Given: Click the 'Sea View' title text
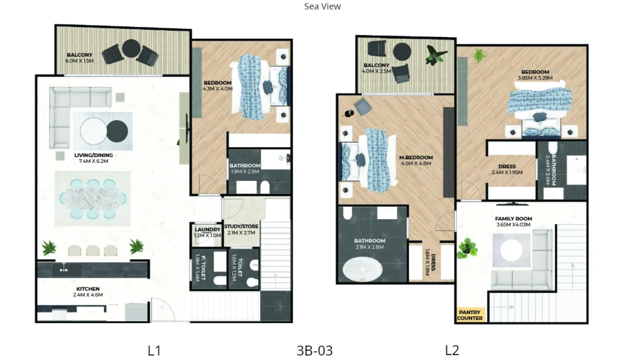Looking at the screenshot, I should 322,7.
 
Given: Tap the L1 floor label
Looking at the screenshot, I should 154,350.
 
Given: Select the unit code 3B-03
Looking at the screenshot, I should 314,350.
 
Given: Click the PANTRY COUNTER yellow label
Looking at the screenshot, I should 471,315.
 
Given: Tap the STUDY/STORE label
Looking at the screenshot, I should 242,226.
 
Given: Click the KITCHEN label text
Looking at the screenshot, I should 88,289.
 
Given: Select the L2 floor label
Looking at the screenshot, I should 452,350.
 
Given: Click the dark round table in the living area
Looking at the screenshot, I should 118,130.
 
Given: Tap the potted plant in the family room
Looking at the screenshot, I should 467,247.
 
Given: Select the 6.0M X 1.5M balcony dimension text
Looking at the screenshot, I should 79,62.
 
